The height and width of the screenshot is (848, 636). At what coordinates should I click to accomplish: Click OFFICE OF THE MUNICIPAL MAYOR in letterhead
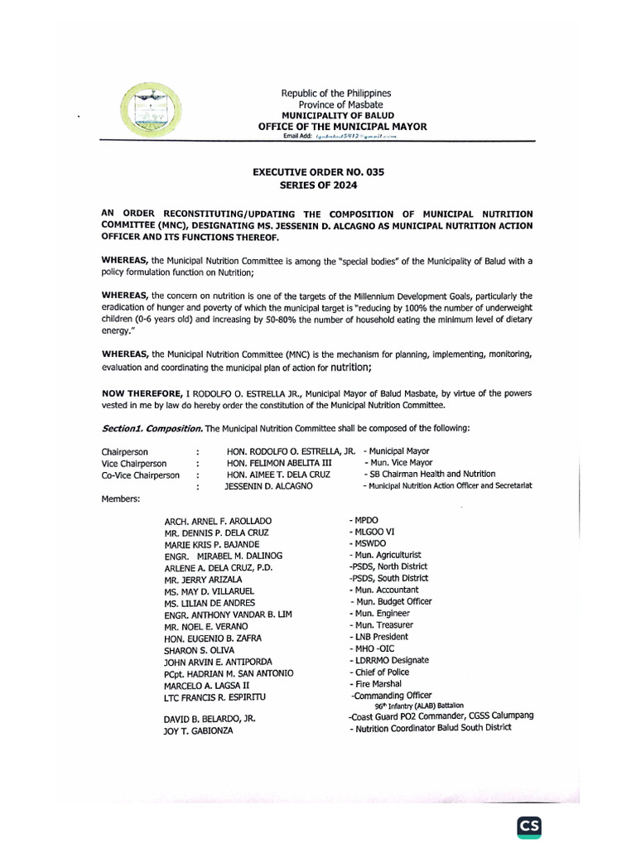tap(342, 126)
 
